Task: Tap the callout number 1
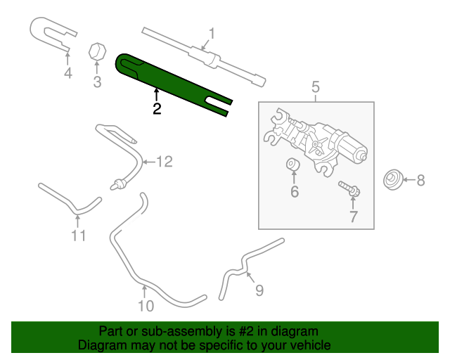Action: point(211,33)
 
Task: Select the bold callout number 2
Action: point(156,108)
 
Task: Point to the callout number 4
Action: point(68,72)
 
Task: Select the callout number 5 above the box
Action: point(316,87)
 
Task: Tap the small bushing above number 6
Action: point(293,166)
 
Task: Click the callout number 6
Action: point(294,191)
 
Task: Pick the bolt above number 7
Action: point(349,188)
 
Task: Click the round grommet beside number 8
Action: point(392,181)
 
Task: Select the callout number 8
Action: point(420,181)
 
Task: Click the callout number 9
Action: point(259,290)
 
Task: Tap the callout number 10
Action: point(144,306)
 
